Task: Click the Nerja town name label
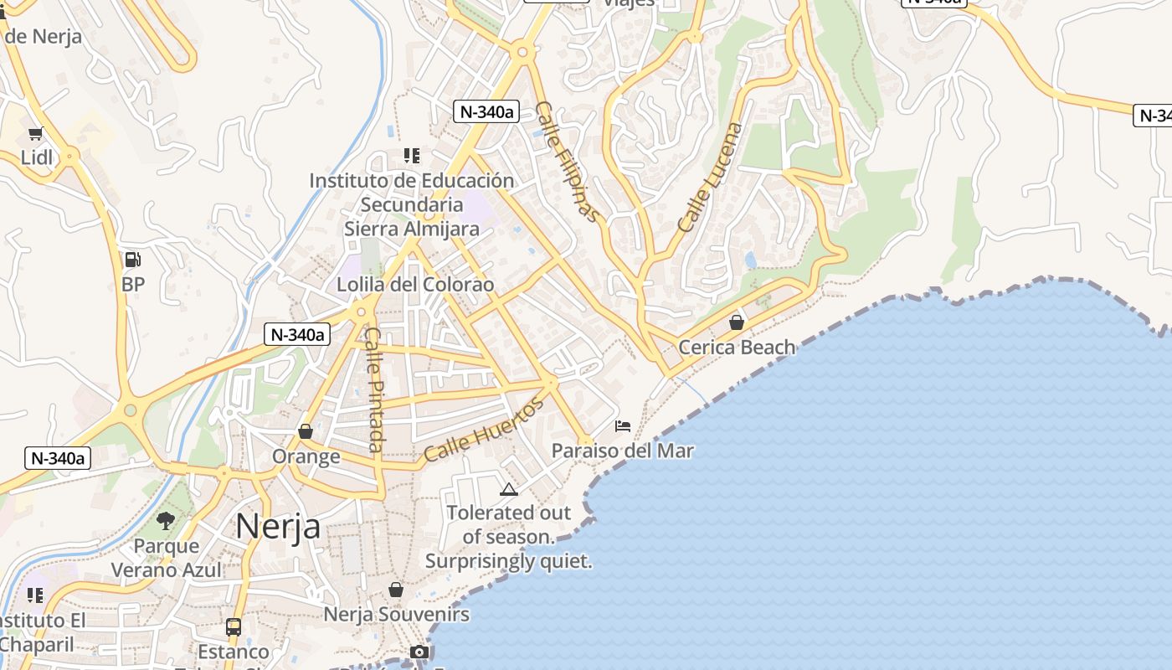(x=277, y=526)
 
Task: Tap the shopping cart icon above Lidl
(x=35, y=133)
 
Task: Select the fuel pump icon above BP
(x=132, y=260)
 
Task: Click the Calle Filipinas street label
(x=568, y=162)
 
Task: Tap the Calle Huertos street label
(x=483, y=430)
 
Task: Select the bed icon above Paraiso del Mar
(x=622, y=425)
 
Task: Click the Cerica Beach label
(x=737, y=347)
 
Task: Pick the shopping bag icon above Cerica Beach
(x=737, y=322)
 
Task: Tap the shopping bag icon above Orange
(x=306, y=431)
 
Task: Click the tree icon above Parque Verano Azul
(x=166, y=521)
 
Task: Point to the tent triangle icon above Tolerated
(x=508, y=489)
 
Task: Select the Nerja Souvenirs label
(x=396, y=614)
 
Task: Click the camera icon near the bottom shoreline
(x=419, y=652)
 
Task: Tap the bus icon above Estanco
(x=234, y=626)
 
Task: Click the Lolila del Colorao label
(x=415, y=285)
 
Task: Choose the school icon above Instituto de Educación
(x=411, y=155)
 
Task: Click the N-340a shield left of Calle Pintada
(x=297, y=334)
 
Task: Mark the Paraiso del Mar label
(x=622, y=451)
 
